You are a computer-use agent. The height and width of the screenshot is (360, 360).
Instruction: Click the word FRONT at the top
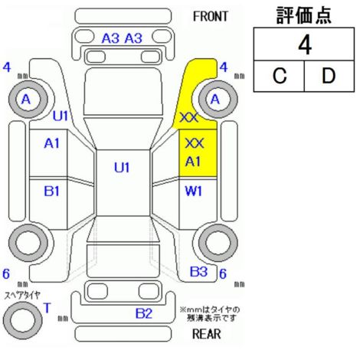[210, 17]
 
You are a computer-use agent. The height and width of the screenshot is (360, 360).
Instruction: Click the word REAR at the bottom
[206, 334]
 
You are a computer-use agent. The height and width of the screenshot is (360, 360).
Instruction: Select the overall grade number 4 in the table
[304, 45]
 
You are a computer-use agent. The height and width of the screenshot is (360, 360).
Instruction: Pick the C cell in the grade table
[280, 76]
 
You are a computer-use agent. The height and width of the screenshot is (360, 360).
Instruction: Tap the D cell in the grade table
[329, 76]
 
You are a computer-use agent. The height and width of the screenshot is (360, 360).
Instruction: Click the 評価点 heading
[304, 15]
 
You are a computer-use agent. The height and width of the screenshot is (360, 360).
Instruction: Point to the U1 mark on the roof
[122, 168]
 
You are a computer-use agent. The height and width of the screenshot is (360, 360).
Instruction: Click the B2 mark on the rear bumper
[144, 313]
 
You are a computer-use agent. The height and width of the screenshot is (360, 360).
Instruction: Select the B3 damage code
[199, 272]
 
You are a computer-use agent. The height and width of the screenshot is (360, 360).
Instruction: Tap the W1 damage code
[193, 191]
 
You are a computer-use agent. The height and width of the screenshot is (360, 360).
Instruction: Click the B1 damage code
[51, 191]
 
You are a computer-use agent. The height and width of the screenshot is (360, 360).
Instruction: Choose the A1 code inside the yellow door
[193, 162]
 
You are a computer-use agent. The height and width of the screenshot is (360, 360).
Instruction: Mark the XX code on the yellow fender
[189, 118]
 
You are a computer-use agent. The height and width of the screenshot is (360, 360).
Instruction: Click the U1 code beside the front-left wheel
[61, 116]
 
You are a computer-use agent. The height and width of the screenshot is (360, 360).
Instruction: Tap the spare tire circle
[23, 320]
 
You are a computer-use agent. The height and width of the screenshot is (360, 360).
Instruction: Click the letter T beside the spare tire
[47, 308]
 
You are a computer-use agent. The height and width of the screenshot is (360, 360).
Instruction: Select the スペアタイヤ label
[22, 296]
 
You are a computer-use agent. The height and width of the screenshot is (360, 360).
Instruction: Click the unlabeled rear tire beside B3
[218, 243]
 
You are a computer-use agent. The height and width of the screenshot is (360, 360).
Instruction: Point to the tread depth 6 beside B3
[223, 273]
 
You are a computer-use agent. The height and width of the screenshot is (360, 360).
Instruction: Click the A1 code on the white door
[51, 143]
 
